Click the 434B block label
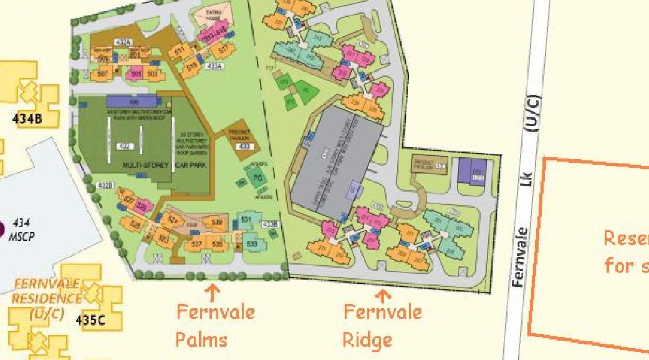click(x=27, y=119)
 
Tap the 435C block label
click(x=90, y=321)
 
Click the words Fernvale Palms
click(x=215, y=325)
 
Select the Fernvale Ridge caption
click(x=382, y=325)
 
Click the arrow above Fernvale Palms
click(x=213, y=291)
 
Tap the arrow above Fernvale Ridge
click(x=382, y=294)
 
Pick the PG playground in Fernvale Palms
click(x=256, y=178)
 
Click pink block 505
click(x=137, y=74)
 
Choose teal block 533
click(x=251, y=243)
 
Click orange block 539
click(x=217, y=223)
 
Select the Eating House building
click(x=213, y=17)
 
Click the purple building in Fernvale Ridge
click(x=471, y=170)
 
